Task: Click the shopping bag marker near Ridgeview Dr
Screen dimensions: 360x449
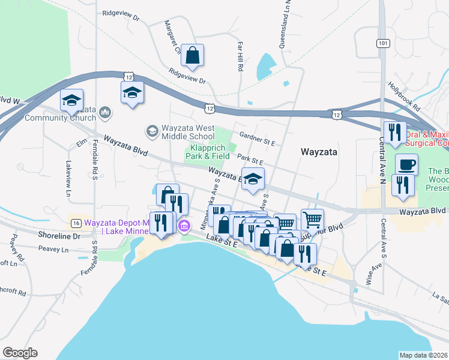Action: pos(193,56)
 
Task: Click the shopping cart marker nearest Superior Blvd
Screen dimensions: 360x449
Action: pos(312,220)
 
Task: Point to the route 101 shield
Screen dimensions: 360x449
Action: pos(382,43)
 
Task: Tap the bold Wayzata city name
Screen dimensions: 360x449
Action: pos(319,152)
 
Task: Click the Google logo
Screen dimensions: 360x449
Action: pos(20,353)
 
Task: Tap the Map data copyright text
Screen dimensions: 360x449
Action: pos(424,355)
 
